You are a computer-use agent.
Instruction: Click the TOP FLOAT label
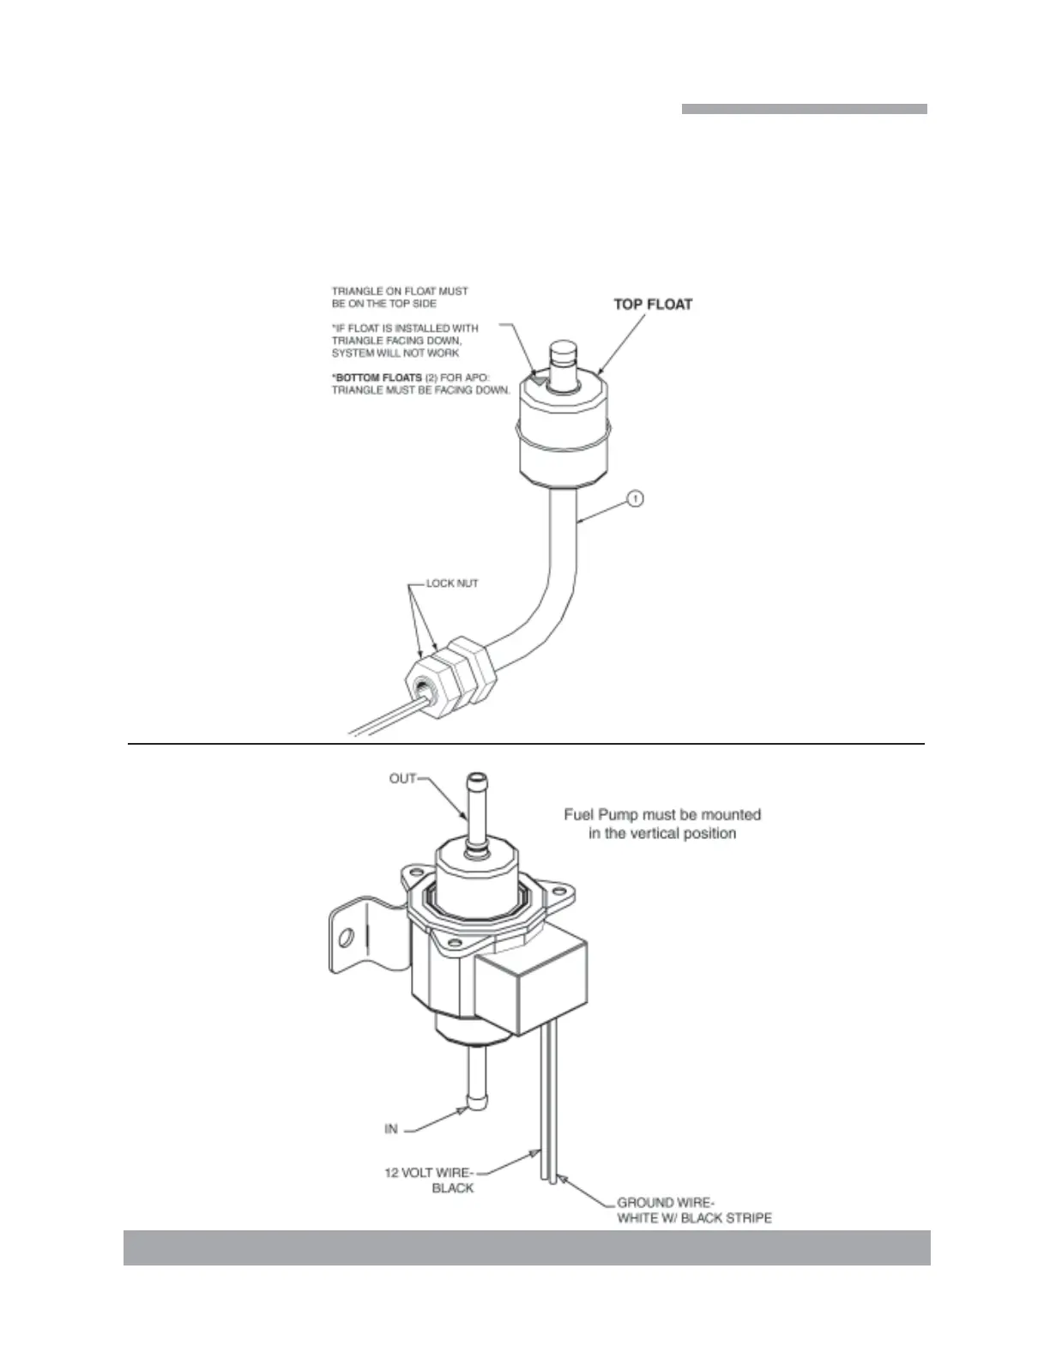(653, 304)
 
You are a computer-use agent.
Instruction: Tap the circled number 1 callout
(635, 498)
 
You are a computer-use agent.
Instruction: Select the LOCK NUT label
(452, 583)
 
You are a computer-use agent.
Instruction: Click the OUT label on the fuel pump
(402, 779)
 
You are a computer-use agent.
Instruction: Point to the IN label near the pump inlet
(391, 1129)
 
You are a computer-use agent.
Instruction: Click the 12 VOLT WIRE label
(428, 1173)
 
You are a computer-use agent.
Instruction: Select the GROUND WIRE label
(665, 1203)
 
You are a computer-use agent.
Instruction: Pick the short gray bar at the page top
(804, 109)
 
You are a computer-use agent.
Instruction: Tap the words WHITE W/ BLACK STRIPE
(694, 1218)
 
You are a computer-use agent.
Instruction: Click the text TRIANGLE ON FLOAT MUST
(400, 292)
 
